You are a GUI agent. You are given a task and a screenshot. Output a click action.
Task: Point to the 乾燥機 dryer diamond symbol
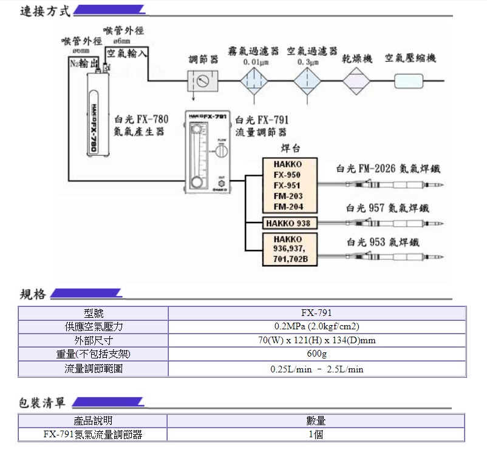point(356,80)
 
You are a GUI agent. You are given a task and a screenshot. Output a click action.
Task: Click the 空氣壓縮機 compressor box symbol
point(409,80)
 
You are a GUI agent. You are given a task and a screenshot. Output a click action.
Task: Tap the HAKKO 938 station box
point(288,223)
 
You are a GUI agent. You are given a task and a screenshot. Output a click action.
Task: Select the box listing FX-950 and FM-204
point(288,185)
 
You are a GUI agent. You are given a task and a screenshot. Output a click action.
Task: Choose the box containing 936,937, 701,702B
point(288,249)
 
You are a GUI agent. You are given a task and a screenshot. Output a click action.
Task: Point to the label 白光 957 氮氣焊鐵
point(387,207)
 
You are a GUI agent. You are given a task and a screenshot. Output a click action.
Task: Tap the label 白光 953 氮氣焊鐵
point(383,242)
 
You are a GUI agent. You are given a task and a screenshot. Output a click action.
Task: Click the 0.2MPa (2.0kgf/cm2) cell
point(316,327)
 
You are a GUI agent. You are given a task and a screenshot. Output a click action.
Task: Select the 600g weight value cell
point(316,354)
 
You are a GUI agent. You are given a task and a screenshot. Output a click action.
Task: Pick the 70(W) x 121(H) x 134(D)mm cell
point(316,340)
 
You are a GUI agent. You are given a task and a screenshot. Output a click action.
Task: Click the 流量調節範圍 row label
point(94,368)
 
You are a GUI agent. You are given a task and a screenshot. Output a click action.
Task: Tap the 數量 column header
point(316,420)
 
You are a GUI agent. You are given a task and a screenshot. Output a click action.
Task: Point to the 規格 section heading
point(33,295)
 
